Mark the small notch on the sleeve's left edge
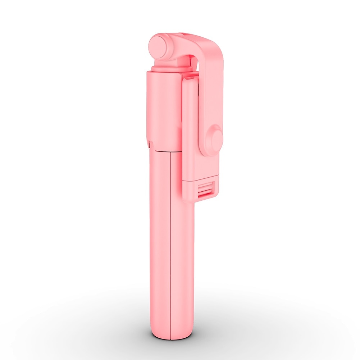tap(148, 144)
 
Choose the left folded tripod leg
tap(159, 245)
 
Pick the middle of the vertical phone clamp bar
tap(191, 129)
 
